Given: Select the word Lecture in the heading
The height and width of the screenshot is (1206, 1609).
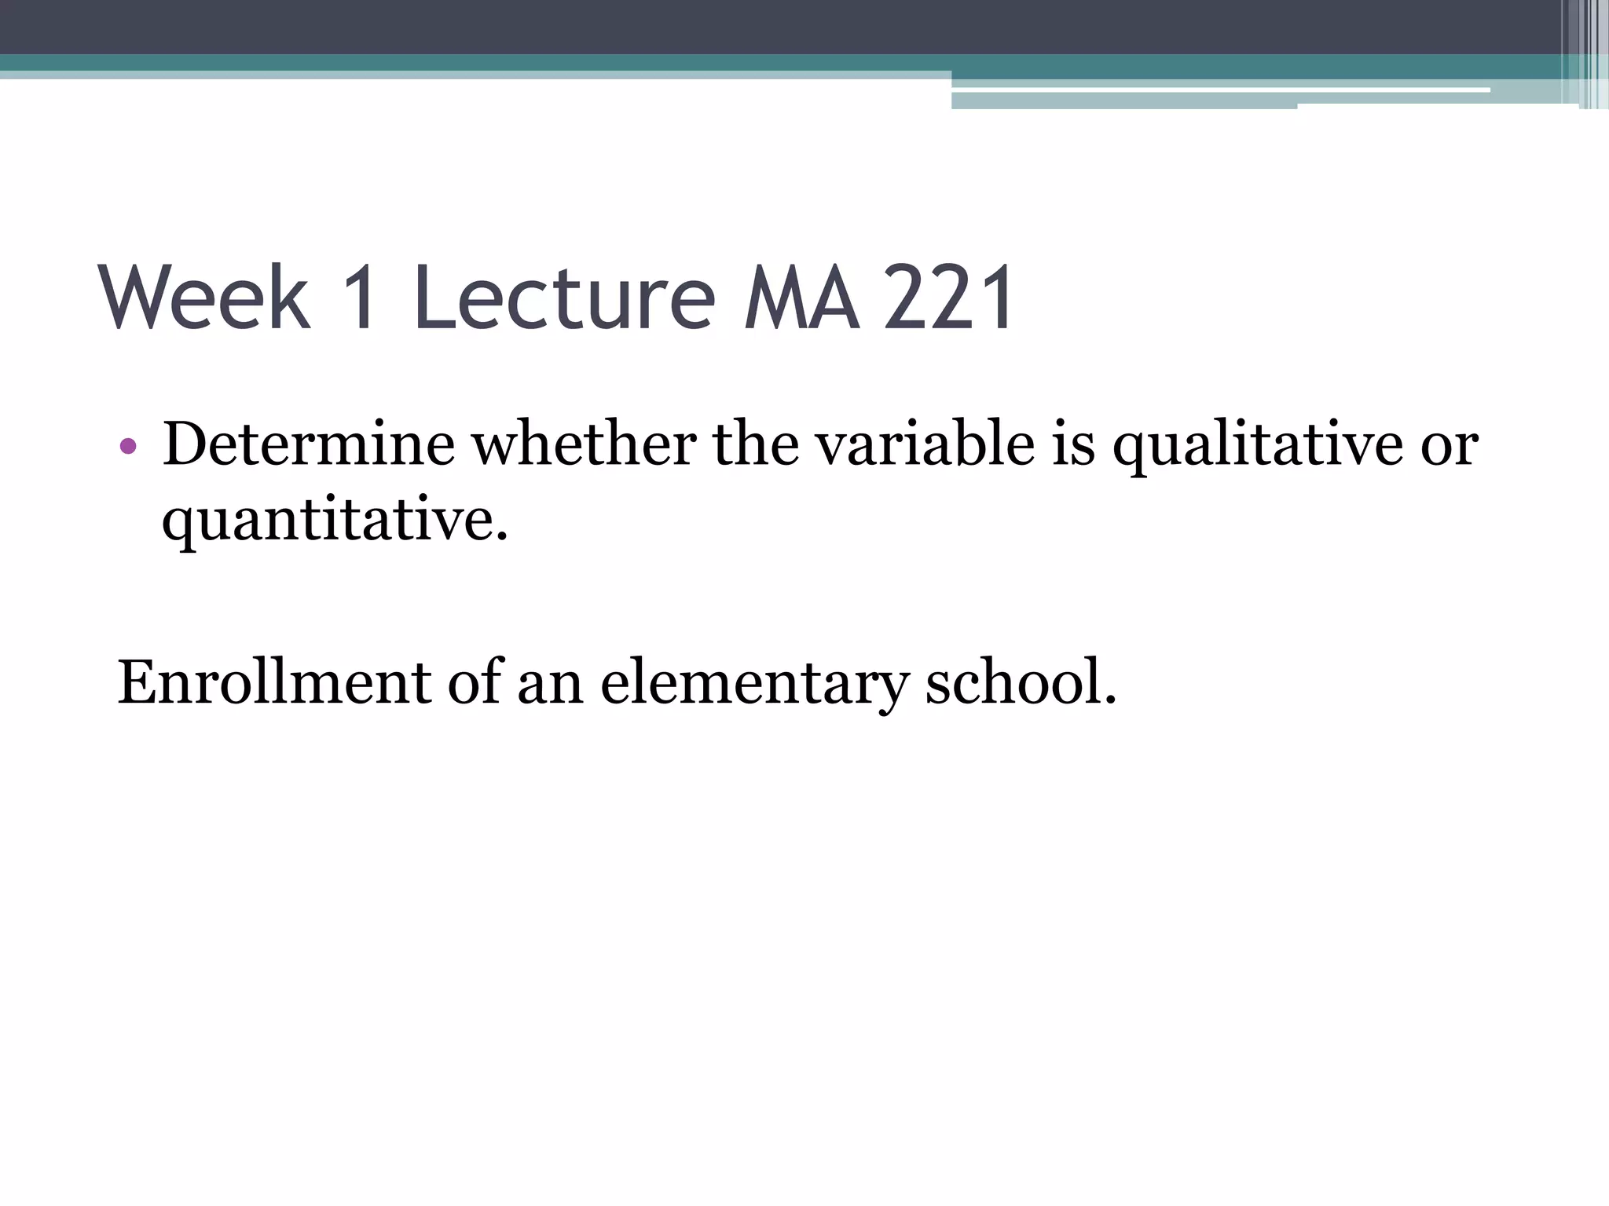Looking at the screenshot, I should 564,298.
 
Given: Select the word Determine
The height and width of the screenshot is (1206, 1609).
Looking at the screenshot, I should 308,444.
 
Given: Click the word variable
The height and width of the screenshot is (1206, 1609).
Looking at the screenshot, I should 924,444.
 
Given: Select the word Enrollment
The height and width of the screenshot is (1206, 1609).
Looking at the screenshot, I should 273,682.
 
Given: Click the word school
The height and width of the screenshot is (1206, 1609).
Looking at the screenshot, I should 1020,682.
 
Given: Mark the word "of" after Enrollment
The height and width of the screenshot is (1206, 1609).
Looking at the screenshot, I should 474,682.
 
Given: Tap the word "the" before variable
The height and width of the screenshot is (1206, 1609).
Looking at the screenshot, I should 757,444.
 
